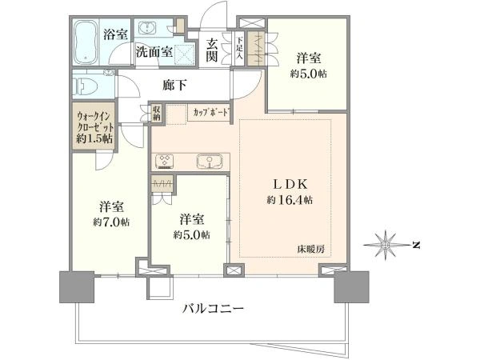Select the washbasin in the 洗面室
(x=147, y=28)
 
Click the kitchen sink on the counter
(x=210, y=161)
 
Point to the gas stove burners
(x=165, y=162)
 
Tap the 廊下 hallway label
(x=174, y=85)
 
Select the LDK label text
(x=290, y=184)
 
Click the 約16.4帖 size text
(x=290, y=200)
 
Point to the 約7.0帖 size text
(x=111, y=222)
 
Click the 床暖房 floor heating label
(x=310, y=249)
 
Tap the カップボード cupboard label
(x=211, y=113)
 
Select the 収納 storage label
(x=157, y=113)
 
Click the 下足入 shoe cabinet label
(x=239, y=47)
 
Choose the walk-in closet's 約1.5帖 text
(x=94, y=138)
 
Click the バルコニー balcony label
(x=214, y=308)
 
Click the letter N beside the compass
(x=416, y=246)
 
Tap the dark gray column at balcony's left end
(x=77, y=287)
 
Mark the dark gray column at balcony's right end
(x=351, y=287)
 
